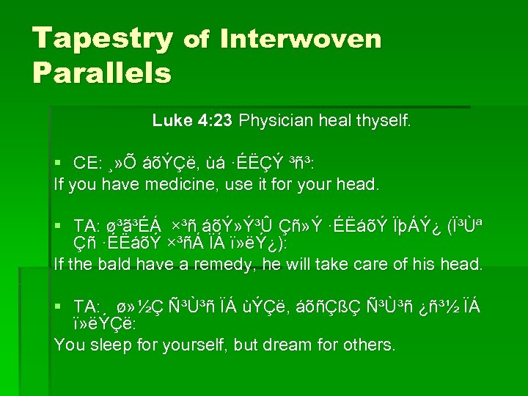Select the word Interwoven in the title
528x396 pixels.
[x=300, y=38]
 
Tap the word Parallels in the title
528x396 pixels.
[x=102, y=73]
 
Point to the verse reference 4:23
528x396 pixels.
[x=214, y=120]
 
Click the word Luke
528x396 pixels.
[x=170, y=120]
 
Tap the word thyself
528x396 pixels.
[x=385, y=120]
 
